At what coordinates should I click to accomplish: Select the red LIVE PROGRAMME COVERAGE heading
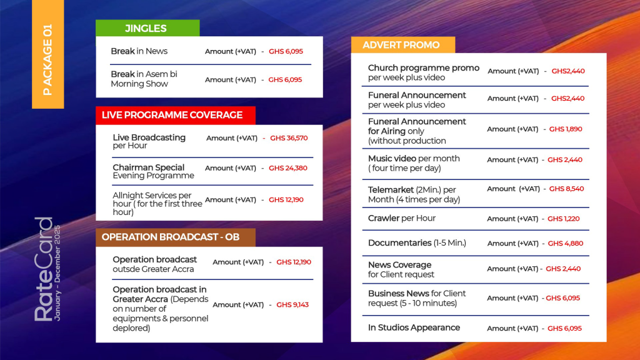coord(172,115)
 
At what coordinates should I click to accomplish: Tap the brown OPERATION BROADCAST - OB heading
coord(171,237)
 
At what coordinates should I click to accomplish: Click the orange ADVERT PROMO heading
coord(401,45)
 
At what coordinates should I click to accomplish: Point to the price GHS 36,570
coord(289,138)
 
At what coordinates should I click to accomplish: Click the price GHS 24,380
coord(288,168)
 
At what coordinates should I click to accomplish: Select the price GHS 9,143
coord(292,305)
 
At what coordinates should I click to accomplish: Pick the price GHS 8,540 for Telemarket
coord(566,189)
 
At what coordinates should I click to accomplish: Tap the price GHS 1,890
coord(566,129)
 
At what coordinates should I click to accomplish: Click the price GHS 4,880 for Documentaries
coord(566,244)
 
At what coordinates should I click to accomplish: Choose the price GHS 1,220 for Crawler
coord(564,219)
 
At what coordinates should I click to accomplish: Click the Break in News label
coord(139,51)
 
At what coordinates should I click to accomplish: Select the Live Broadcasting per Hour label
coord(149,141)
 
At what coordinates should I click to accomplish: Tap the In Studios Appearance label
coord(414,327)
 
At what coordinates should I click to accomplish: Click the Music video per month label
coord(414,163)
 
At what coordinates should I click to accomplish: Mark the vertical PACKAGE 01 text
coord(47,60)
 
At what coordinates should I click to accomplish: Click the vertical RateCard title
coord(44,269)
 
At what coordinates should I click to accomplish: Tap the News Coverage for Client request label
coord(401,269)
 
